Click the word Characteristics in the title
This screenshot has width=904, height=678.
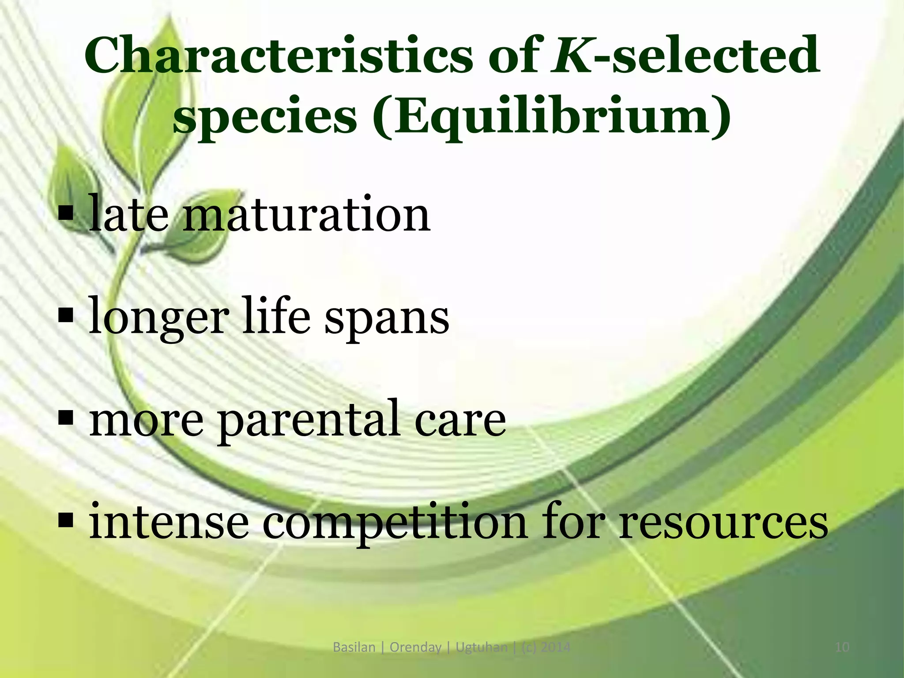(x=278, y=56)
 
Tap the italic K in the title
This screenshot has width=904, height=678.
(x=572, y=56)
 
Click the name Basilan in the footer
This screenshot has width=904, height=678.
(x=354, y=648)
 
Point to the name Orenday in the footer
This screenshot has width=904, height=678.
(x=415, y=648)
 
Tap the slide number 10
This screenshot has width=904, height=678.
(x=842, y=648)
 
